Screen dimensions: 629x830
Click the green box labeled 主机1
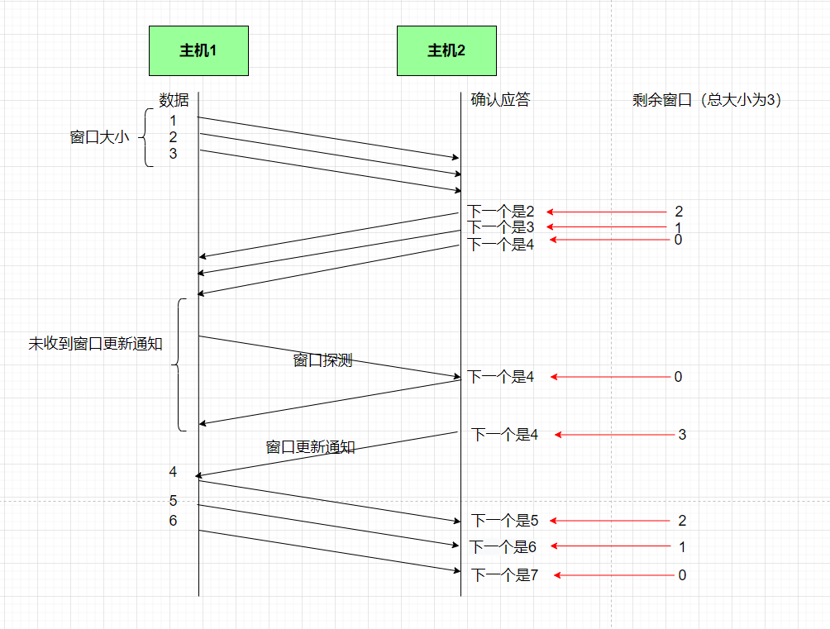click(198, 50)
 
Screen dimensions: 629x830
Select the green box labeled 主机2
click(446, 50)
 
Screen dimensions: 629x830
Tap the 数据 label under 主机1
click(174, 100)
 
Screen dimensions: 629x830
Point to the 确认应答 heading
click(500, 100)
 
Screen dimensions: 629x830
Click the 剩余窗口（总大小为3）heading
click(707, 100)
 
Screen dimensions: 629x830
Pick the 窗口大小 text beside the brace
click(99, 137)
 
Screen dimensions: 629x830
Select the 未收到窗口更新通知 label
click(95, 344)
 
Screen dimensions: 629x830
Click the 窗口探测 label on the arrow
click(322, 360)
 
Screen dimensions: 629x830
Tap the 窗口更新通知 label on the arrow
click(310, 447)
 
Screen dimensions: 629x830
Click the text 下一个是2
click(501, 212)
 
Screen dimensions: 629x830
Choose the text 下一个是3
click(501, 226)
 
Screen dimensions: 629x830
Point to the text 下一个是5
click(504, 521)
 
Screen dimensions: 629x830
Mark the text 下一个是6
click(503, 546)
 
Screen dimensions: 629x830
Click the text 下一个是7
click(504, 575)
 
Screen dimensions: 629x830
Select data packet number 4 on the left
click(173, 472)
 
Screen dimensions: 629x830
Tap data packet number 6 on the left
click(173, 521)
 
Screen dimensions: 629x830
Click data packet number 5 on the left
click(173, 501)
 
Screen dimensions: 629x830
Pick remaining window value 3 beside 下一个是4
click(682, 435)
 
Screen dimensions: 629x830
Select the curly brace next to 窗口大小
click(146, 137)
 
